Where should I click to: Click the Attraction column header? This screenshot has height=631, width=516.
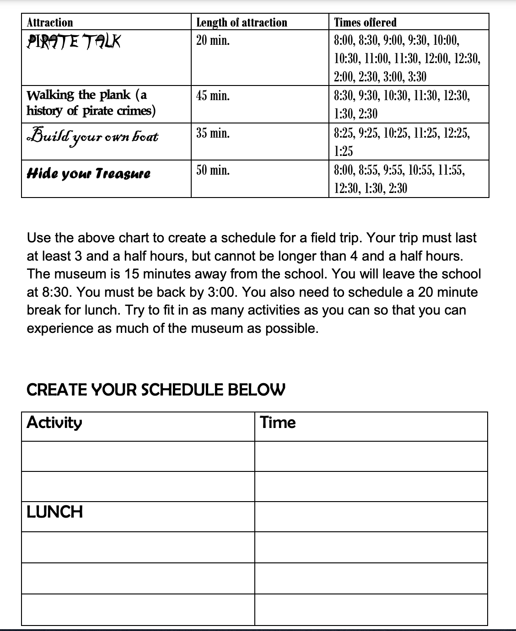(50, 22)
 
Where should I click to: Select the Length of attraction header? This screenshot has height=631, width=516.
(242, 22)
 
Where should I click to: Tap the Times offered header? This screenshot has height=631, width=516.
(365, 22)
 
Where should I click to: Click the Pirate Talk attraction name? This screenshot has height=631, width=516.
(74, 42)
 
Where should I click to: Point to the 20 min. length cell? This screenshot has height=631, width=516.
(213, 41)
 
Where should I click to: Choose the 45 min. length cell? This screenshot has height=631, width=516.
(213, 96)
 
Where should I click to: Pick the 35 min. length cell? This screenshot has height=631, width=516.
(213, 133)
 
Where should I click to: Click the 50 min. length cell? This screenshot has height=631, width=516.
(213, 171)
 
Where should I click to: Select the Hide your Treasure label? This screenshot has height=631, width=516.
(89, 174)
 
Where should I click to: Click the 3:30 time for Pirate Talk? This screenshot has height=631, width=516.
(416, 76)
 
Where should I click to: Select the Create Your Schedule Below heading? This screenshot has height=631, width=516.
(156, 390)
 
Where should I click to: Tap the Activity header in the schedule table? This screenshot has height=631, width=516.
(54, 422)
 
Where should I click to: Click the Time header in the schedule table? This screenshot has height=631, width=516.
(278, 422)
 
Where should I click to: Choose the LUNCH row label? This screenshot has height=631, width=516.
(55, 512)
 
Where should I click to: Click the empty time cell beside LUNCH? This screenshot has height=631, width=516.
(371, 517)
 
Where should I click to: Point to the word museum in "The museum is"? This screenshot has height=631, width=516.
(75, 274)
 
